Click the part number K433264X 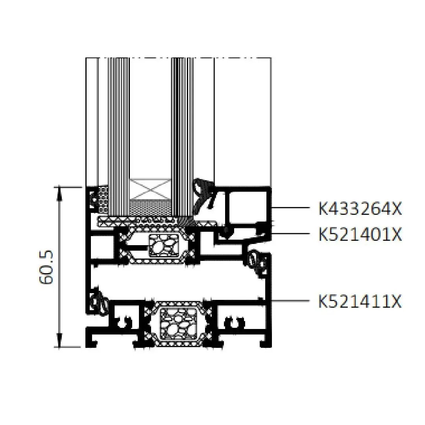pyautogui.click(x=360, y=209)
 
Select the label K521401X pyautogui.click(x=360, y=234)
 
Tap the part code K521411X pyautogui.click(x=360, y=301)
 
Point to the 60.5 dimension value pyautogui.click(x=46, y=267)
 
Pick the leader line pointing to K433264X pyautogui.click(x=290, y=208)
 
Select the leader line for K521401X pyautogui.click(x=290, y=233)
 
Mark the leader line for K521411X pyautogui.click(x=290, y=301)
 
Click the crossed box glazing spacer pyautogui.click(x=150, y=189)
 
